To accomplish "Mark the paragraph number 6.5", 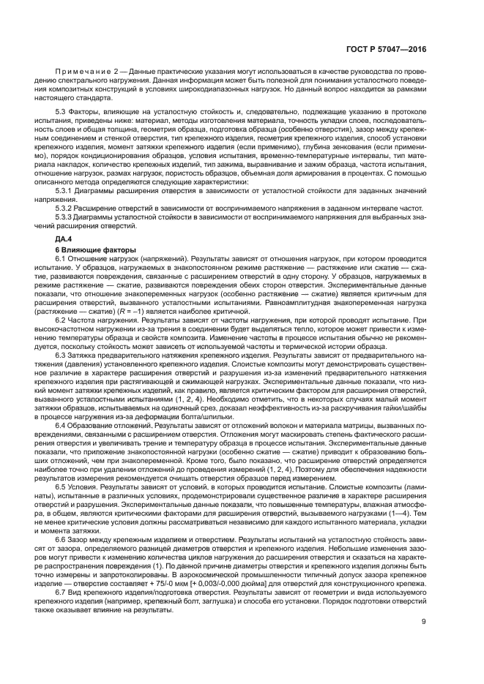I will coord(62,506).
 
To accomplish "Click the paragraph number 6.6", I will coord(62,558).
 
